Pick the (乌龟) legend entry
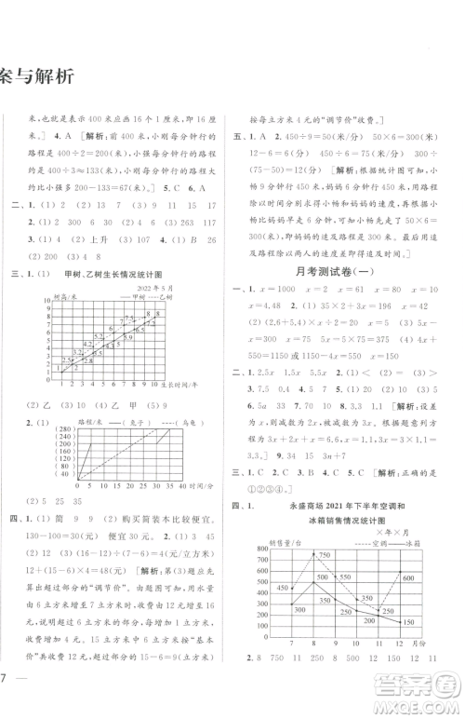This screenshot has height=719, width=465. coord(197,421)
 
